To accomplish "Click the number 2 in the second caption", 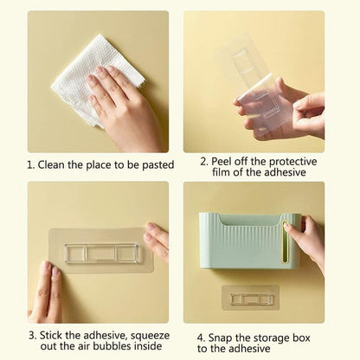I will tap(203, 161).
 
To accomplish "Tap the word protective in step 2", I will tap(299, 161).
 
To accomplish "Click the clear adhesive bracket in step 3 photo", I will tap(100, 248).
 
